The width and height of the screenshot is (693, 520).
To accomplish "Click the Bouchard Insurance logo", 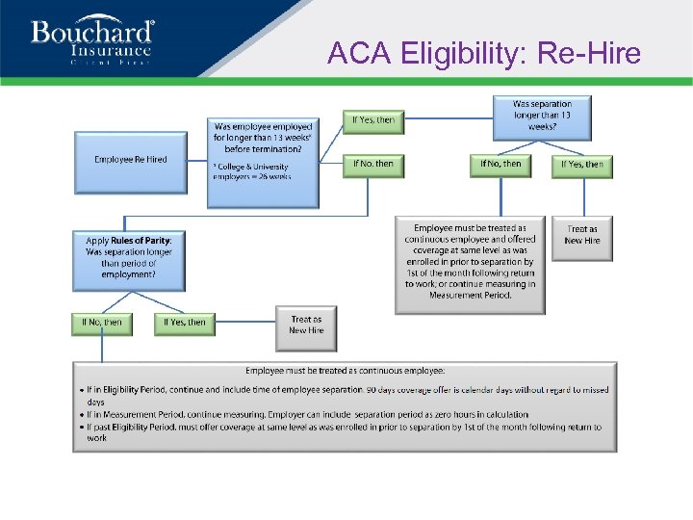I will click(x=91, y=39).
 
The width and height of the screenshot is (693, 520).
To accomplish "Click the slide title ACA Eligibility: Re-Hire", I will click(x=483, y=53).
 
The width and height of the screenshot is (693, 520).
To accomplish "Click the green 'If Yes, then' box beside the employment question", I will click(x=373, y=120).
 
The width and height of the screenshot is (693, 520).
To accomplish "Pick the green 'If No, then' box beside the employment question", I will click(x=373, y=165).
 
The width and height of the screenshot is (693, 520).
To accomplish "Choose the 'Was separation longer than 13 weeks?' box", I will click(x=542, y=117).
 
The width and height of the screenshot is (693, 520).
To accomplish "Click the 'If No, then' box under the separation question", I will click(x=500, y=165).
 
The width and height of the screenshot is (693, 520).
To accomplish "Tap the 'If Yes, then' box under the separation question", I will click(x=582, y=165).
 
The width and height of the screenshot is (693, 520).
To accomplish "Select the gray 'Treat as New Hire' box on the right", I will click(x=582, y=235).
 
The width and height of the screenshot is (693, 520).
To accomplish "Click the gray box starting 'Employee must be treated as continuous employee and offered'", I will click(x=470, y=263).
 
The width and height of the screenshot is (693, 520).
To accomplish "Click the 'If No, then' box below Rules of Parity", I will click(x=102, y=323).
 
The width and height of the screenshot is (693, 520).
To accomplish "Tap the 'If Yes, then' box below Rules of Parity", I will click(x=185, y=323).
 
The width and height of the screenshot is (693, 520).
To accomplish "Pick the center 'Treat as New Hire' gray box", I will click(x=306, y=325).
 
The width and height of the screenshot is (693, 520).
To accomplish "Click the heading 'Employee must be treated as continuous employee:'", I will click(x=345, y=370).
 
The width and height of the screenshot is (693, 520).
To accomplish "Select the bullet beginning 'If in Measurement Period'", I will click(x=309, y=415).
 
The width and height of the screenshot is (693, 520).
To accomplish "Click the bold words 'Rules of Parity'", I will click(x=141, y=241).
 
